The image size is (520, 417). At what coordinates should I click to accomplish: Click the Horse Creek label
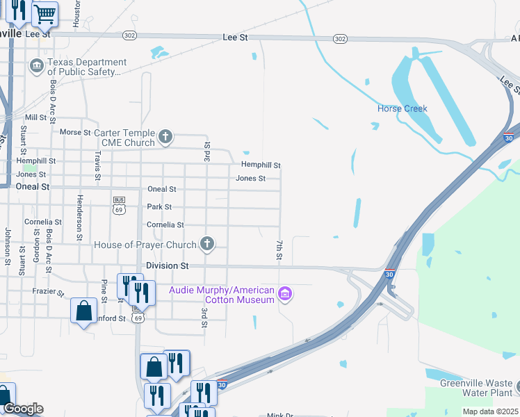(x=402, y=108)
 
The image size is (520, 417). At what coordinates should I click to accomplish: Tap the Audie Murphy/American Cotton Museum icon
(x=284, y=295)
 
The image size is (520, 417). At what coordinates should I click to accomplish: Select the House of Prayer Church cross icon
(x=206, y=244)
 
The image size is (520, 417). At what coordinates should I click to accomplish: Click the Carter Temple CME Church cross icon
(x=165, y=136)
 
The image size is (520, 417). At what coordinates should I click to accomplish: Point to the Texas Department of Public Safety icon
(x=37, y=67)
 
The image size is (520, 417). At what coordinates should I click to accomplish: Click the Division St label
(x=168, y=265)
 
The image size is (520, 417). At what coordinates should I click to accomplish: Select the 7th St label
(x=279, y=251)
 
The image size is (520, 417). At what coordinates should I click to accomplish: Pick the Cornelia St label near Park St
(x=165, y=224)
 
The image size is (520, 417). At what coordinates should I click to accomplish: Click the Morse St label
(x=76, y=132)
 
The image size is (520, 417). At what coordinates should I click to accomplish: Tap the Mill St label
(x=35, y=117)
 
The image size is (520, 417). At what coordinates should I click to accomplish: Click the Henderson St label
(x=80, y=209)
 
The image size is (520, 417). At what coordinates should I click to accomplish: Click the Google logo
(x=23, y=409)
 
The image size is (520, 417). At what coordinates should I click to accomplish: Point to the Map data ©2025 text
(x=490, y=411)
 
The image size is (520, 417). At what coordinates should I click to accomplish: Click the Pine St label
(x=104, y=291)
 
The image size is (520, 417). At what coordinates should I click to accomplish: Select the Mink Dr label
(x=281, y=415)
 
